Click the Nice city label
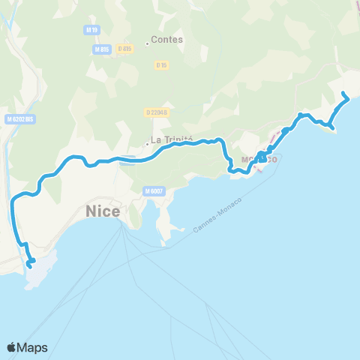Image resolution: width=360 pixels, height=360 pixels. [103, 211]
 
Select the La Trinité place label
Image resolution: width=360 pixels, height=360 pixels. [172, 139]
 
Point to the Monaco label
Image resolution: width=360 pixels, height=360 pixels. [259, 160]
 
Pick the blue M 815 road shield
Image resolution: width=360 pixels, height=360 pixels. [102, 49]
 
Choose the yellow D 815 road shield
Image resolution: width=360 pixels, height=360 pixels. [124, 49]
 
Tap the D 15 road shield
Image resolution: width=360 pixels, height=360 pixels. [161, 65]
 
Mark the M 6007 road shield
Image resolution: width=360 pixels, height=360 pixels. [154, 191]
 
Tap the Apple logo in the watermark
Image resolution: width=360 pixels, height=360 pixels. [12, 347]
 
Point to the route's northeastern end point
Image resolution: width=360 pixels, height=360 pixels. [343, 94]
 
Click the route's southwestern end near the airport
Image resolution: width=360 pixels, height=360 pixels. [30, 264]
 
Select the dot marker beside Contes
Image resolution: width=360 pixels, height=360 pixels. [147, 43]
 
